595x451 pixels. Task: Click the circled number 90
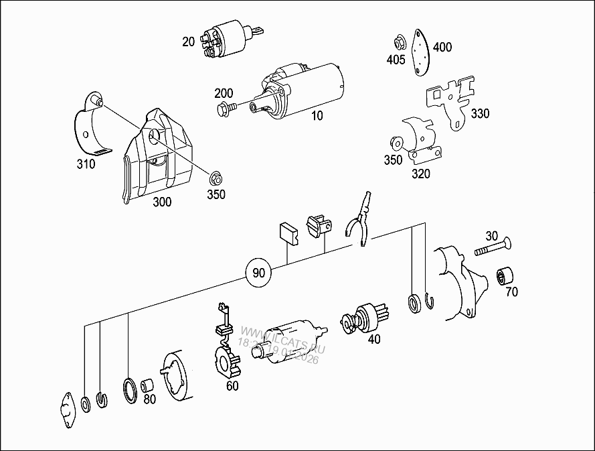click(x=258, y=273)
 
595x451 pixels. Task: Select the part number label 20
click(x=188, y=42)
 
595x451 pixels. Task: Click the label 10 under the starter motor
click(x=317, y=115)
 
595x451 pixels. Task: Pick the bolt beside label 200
click(x=226, y=107)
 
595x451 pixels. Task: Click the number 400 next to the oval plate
click(x=442, y=47)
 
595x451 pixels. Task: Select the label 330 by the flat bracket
click(x=479, y=113)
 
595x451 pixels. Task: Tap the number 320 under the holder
click(x=421, y=174)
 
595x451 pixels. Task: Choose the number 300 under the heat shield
click(x=161, y=202)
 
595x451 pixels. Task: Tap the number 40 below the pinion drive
click(x=374, y=339)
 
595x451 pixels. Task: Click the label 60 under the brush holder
click(x=232, y=385)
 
